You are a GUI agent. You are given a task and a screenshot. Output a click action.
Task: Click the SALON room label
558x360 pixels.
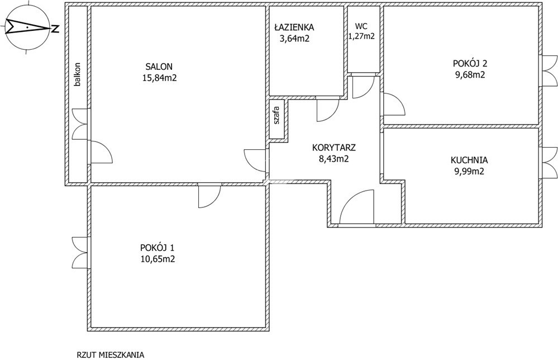click(x=159, y=67)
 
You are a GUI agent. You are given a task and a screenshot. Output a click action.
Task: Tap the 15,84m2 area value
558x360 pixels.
click(x=159, y=78)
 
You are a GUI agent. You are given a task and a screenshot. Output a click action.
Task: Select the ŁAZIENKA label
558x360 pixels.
click(x=294, y=27)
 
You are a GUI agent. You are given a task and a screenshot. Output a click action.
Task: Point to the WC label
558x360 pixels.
click(x=361, y=26)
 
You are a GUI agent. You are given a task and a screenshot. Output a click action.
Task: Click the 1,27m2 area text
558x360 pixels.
click(x=361, y=36)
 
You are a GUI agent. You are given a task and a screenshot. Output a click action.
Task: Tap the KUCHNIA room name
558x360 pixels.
click(x=469, y=160)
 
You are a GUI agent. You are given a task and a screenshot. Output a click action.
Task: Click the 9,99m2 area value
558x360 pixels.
click(x=469, y=171)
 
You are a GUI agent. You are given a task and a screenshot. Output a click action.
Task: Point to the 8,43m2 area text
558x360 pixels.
click(x=334, y=159)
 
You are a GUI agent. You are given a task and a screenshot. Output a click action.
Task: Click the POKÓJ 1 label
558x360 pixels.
click(x=158, y=247)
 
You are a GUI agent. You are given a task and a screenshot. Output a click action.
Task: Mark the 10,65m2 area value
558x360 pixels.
click(x=158, y=259)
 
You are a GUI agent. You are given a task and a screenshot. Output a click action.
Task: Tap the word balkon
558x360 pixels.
click(x=77, y=75)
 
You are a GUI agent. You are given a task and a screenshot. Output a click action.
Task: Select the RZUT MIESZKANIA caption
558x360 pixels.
click(x=111, y=355)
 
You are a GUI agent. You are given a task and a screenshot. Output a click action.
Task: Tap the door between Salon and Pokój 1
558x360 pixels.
click(x=209, y=196)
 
